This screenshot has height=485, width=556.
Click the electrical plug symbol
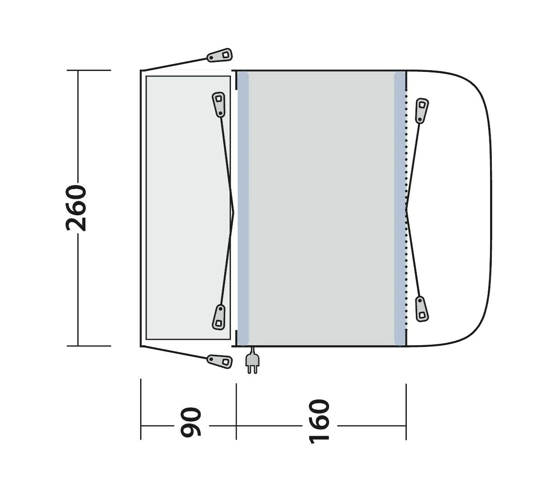[x=251, y=362]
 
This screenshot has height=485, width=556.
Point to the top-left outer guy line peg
[x=220, y=55]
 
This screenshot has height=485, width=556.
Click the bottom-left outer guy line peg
[x=220, y=361]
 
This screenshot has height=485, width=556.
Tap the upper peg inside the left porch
[x=219, y=104]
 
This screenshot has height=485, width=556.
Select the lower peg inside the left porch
[x=219, y=316]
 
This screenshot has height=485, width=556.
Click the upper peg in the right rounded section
[x=422, y=110]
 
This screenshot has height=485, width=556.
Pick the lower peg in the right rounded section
[x=422, y=309]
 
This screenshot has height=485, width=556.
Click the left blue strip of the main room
[x=243, y=208]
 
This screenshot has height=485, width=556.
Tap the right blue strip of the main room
[x=400, y=208]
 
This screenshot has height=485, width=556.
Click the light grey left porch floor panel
[x=188, y=208]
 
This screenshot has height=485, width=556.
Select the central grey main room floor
[x=321, y=208]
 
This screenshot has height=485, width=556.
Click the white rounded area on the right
[x=452, y=208]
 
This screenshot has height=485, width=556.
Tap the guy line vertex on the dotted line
[x=406, y=209]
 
